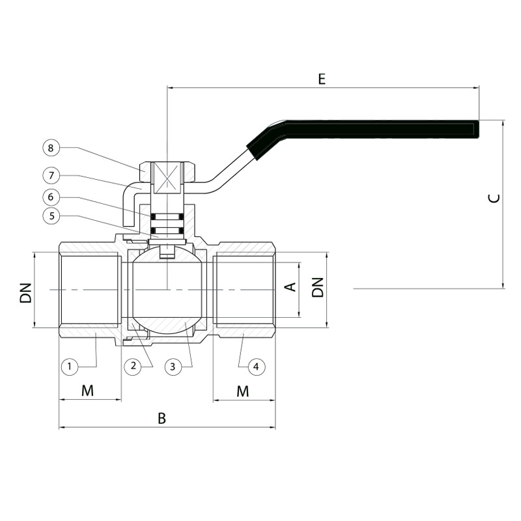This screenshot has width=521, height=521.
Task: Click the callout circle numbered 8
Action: pyautogui.click(x=51, y=148)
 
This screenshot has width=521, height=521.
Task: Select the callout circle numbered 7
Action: pyautogui.click(x=51, y=175)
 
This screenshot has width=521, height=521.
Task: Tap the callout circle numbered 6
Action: pyautogui.click(x=51, y=197)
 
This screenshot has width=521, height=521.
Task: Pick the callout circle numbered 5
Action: pyautogui.click(x=51, y=216)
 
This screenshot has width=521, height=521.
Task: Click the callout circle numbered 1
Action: pyautogui.click(x=70, y=367)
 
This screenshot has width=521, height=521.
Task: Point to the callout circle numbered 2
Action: pyautogui.click(x=133, y=366)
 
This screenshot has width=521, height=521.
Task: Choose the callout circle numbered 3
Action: pyautogui.click(x=173, y=367)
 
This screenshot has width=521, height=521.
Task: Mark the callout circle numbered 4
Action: pyautogui.click(x=256, y=367)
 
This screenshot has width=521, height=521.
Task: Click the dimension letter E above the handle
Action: pyautogui.click(x=322, y=79)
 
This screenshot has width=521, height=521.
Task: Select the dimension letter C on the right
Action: pyautogui.click(x=494, y=199)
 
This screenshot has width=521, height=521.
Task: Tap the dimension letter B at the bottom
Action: pyautogui.click(x=162, y=419)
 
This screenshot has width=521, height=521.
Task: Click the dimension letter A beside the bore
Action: pyautogui.click(x=290, y=287)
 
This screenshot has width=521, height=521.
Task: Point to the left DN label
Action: pyautogui.click(x=26, y=292)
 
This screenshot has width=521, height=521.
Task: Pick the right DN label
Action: pyautogui.click(x=318, y=287)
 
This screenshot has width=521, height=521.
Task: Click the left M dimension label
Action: pyautogui.click(x=88, y=391)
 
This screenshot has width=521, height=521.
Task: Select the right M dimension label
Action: pyautogui.click(x=242, y=391)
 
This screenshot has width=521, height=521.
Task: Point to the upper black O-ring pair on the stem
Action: pyautogui.click(x=167, y=217)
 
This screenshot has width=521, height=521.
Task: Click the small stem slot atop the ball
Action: pyautogui.click(x=167, y=251)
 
